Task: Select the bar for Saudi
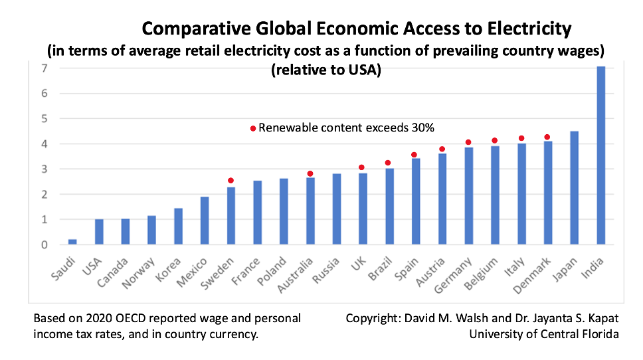pyautogui.click(x=72, y=242)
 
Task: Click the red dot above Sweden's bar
pyautogui.click(x=230, y=181)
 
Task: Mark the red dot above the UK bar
pyautogui.click(x=362, y=167)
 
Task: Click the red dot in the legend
pyautogui.click(x=252, y=128)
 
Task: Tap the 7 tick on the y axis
pyautogui.click(x=44, y=68)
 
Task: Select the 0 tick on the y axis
pyautogui.click(x=44, y=244)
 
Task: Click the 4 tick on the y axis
pyautogui.click(x=44, y=143)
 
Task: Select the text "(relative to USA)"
pyautogui.click(x=325, y=72)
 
